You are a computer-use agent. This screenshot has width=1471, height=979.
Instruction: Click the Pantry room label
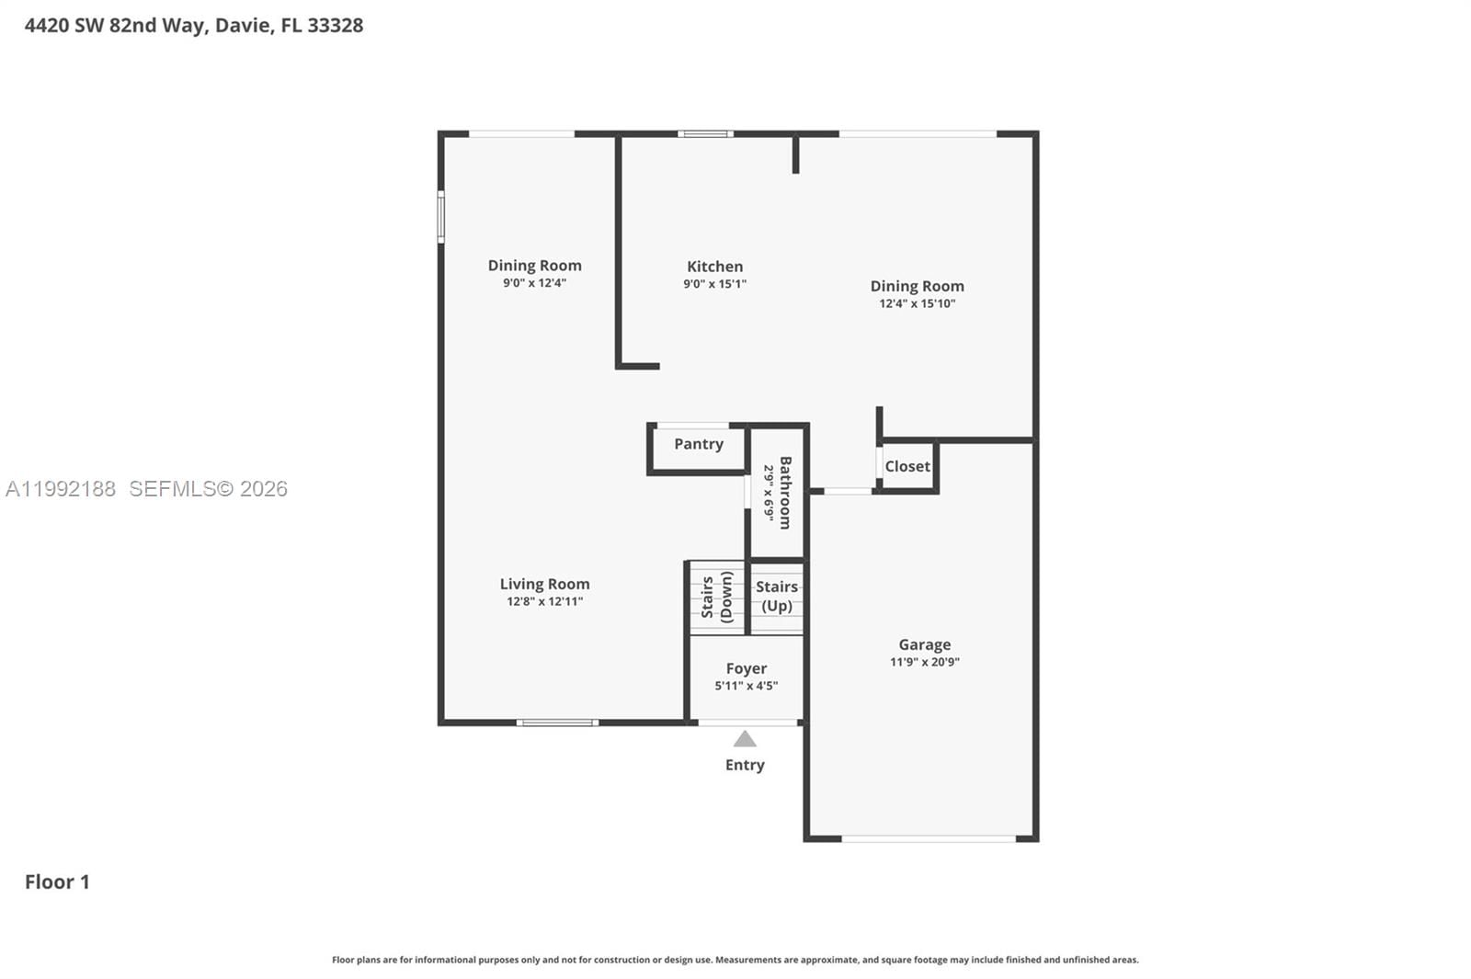click(x=698, y=444)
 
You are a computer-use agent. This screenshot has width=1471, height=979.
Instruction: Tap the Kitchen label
click(x=714, y=267)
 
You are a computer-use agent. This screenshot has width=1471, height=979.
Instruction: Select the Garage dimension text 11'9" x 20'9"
click(x=924, y=662)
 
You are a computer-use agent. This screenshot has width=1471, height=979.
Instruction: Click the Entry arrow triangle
click(x=745, y=739)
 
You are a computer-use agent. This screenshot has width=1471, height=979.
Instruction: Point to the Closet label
click(x=907, y=466)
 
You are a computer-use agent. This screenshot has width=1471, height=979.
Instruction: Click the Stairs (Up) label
click(x=777, y=596)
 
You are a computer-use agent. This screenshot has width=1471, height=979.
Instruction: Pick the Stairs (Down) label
click(x=717, y=598)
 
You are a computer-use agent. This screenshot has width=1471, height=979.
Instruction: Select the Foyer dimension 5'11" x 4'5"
click(x=746, y=686)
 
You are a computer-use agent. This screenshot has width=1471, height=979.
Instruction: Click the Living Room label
click(x=544, y=584)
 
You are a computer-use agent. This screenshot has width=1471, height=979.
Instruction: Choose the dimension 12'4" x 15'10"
click(x=917, y=303)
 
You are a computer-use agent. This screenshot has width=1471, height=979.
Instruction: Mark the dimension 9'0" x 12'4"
click(x=534, y=283)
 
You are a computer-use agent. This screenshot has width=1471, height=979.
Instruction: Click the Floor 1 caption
click(x=57, y=882)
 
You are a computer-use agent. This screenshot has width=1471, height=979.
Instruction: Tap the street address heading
click(x=194, y=26)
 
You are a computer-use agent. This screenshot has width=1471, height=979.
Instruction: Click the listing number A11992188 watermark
click(x=61, y=489)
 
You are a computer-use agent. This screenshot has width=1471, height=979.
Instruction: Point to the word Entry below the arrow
click(x=745, y=765)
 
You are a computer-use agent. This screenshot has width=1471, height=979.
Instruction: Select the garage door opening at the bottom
click(x=929, y=838)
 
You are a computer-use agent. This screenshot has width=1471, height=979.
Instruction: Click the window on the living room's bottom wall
click(x=557, y=723)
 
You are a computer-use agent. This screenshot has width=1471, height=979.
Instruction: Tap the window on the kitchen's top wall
click(x=705, y=134)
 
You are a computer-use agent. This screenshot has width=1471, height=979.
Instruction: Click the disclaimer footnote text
click(x=735, y=960)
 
